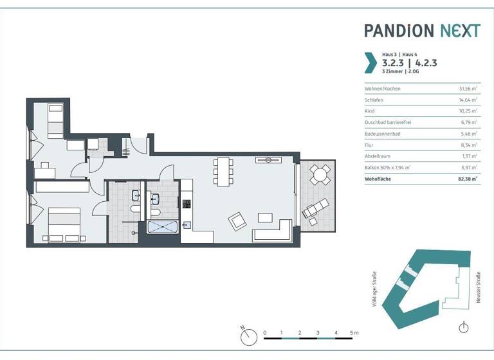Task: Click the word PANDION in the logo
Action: (x=398, y=31)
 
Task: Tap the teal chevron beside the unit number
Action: (x=370, y=62)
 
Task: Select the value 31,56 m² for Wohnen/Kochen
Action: (x=467, y=88)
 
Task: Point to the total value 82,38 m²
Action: (x=466, y=179)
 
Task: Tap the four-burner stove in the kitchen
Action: (x=187, y=204)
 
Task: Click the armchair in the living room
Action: (x=237, y=222)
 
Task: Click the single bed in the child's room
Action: (x=54, y=120)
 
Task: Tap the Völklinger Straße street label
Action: (x=374, y=289)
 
